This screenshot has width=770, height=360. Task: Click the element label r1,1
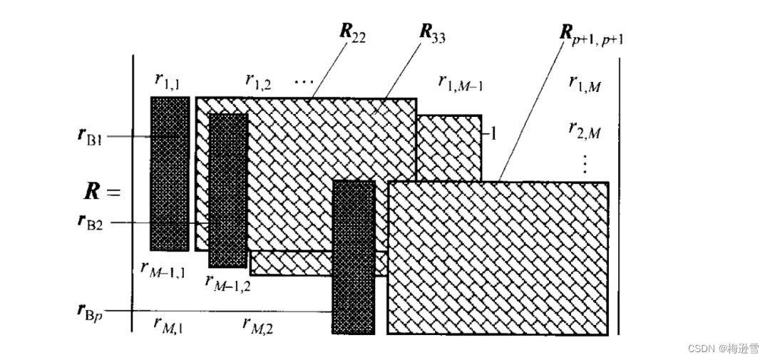point(168,82)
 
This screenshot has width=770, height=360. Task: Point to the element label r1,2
point(258,82)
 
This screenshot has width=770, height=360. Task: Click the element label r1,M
point(585,83)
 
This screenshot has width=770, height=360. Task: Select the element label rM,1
point(168,325)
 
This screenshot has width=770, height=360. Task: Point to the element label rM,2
point(258,325)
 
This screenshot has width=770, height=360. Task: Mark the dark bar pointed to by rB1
point(170,173)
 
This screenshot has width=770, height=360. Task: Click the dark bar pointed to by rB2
point(228,190)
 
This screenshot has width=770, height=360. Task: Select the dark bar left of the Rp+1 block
point(354,257)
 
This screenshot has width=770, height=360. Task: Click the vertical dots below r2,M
point(585,163)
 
